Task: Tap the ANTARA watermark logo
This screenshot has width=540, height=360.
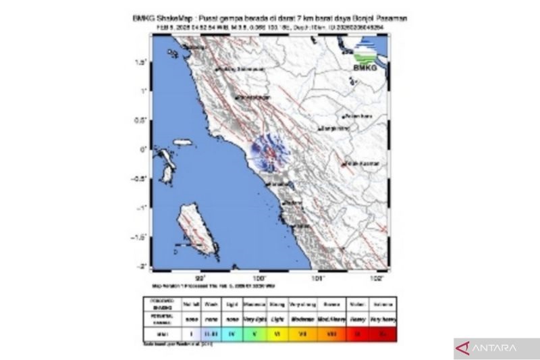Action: click(496, 349)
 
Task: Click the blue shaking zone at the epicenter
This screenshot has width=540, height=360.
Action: click(269, 153)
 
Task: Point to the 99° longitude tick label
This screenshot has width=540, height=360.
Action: click(200, 277)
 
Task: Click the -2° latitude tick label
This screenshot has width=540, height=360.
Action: click(142, 266)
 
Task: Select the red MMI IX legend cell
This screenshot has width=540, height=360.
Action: click(356, 333)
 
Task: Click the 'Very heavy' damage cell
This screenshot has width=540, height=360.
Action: click(382, 316)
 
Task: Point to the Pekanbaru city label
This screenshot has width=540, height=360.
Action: click(358, 116)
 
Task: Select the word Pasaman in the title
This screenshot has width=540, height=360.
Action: click(390, 18)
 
